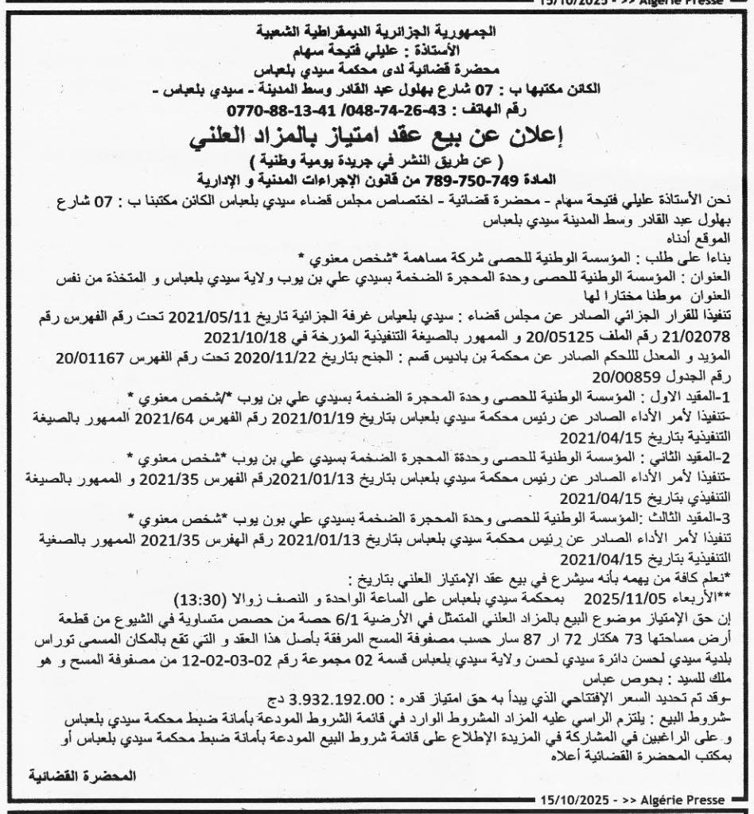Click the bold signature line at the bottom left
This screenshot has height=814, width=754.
pos(82,773)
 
